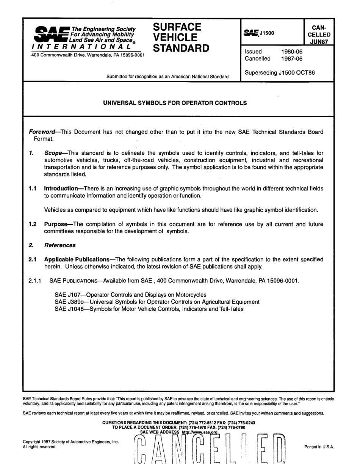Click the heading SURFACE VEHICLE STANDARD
click(181, 38)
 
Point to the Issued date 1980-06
click(292, 52)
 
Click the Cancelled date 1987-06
click(292, 59)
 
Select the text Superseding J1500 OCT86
click(280, 72)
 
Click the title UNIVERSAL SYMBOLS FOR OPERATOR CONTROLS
click(175, 103)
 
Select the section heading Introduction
click(62, 188)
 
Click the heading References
click(60, 245)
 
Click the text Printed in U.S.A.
click(319, 447)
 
